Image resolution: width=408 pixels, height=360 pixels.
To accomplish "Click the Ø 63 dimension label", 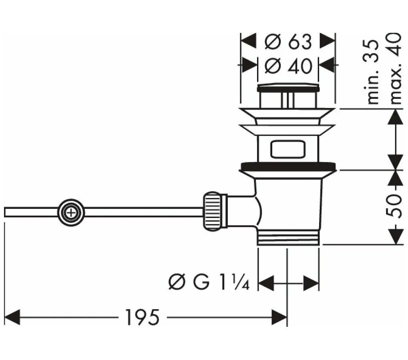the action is (288, 42).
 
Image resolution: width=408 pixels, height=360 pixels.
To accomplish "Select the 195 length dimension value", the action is (142, 317).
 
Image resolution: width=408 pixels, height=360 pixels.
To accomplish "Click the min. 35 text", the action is (372, 72).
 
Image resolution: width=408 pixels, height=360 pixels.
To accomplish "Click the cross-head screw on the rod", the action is (71, 213).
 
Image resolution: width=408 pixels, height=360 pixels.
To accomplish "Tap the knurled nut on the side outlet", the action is (213, 211).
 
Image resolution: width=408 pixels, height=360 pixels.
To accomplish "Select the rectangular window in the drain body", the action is (288, 149).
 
